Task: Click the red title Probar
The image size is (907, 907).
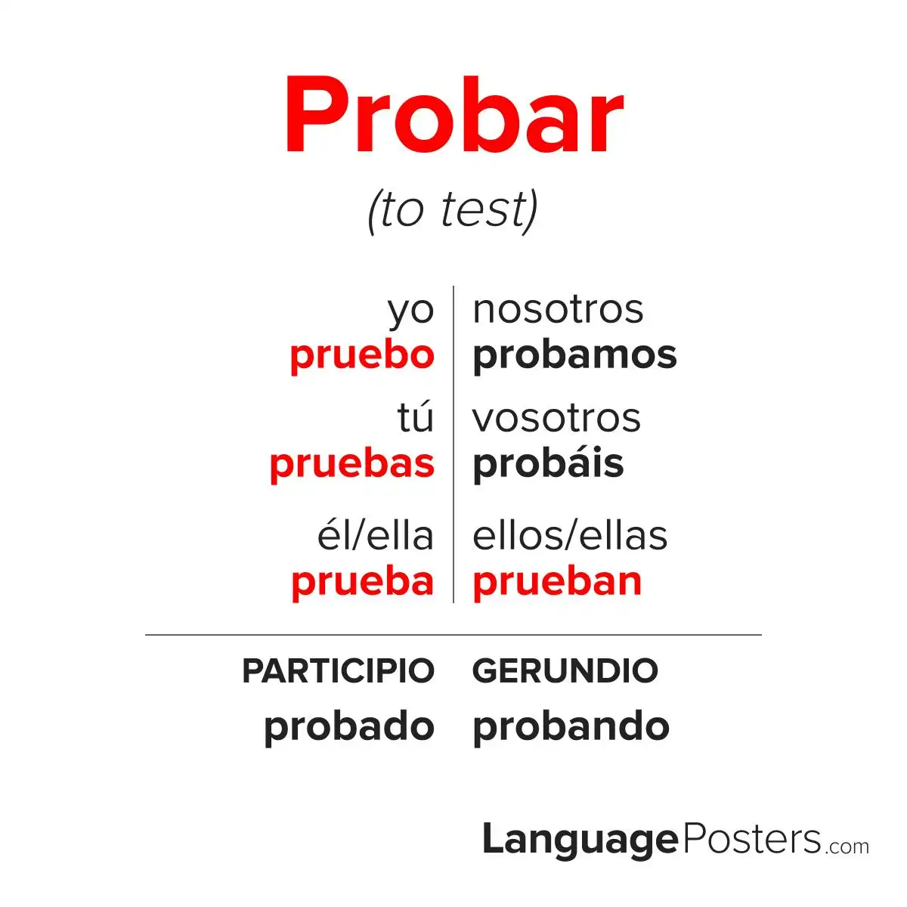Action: click(453, 117)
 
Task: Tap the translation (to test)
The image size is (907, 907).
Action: click(452, 209)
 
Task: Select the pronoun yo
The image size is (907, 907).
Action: click(410, 310)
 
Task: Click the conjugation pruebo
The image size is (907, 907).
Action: click(362, 355)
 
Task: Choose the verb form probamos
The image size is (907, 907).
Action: click(574, 355)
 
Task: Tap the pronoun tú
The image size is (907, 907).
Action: click(416, 417)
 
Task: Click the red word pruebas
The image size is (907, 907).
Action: click(352, 463)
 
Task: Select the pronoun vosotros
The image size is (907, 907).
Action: click(556, 417)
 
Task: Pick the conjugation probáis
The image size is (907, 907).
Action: click(548, 463)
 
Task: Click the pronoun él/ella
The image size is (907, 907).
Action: click(376, 536)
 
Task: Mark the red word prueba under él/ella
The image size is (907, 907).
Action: click(363, 581)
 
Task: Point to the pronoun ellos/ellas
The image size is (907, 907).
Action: click(570, 536)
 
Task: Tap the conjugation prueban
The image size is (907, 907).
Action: click(557, 581)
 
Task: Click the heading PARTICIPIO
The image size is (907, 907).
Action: click(338, 670)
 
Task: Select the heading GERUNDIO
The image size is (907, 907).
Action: click(565, 670)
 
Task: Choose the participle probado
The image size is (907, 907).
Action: click(349, 726)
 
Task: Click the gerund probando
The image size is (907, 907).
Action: click(571, 726)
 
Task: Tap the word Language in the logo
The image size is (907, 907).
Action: click(580, 840)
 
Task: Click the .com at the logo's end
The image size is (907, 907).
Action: click(847, 846)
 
